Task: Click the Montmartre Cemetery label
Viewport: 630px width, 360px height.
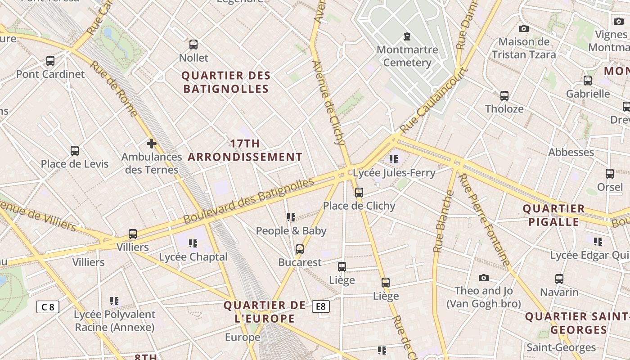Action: coord(407,56)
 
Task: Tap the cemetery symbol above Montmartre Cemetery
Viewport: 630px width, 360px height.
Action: coord(407,36)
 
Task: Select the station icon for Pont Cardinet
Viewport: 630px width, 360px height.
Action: coord(50,60)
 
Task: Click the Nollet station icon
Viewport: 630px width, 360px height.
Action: coord(193,44)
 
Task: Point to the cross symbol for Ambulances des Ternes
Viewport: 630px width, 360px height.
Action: coord(152,144)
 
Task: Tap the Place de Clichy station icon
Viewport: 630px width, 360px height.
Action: coord(359,193)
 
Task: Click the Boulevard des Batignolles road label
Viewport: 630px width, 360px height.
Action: coord(248,201)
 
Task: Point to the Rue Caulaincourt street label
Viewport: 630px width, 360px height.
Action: coord(434,100)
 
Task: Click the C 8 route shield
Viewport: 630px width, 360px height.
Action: coord(48,307)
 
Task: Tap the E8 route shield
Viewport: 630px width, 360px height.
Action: coord(320,306)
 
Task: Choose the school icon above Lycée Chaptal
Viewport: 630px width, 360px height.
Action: coord(193,243)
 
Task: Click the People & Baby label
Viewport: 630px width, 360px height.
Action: coord(291,231)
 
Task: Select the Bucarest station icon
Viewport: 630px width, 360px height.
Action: coord(300,249)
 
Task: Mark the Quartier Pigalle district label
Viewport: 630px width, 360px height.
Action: coord(553,215)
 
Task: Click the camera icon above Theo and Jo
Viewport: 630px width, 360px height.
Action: coord(484,278)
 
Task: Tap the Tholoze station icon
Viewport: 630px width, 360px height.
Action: coord(504,95)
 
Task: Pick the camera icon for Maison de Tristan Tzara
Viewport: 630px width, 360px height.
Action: coord(523,28)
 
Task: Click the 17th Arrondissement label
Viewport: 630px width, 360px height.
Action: coord(245,150)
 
